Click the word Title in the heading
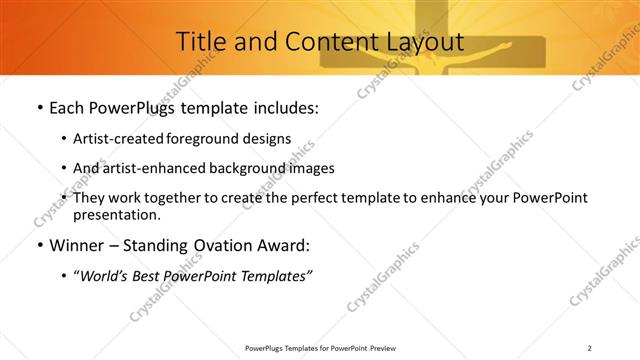click(x=200, y=42)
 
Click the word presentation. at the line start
click(x=117, y=214)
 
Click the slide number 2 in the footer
click(x=589, y=348)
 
